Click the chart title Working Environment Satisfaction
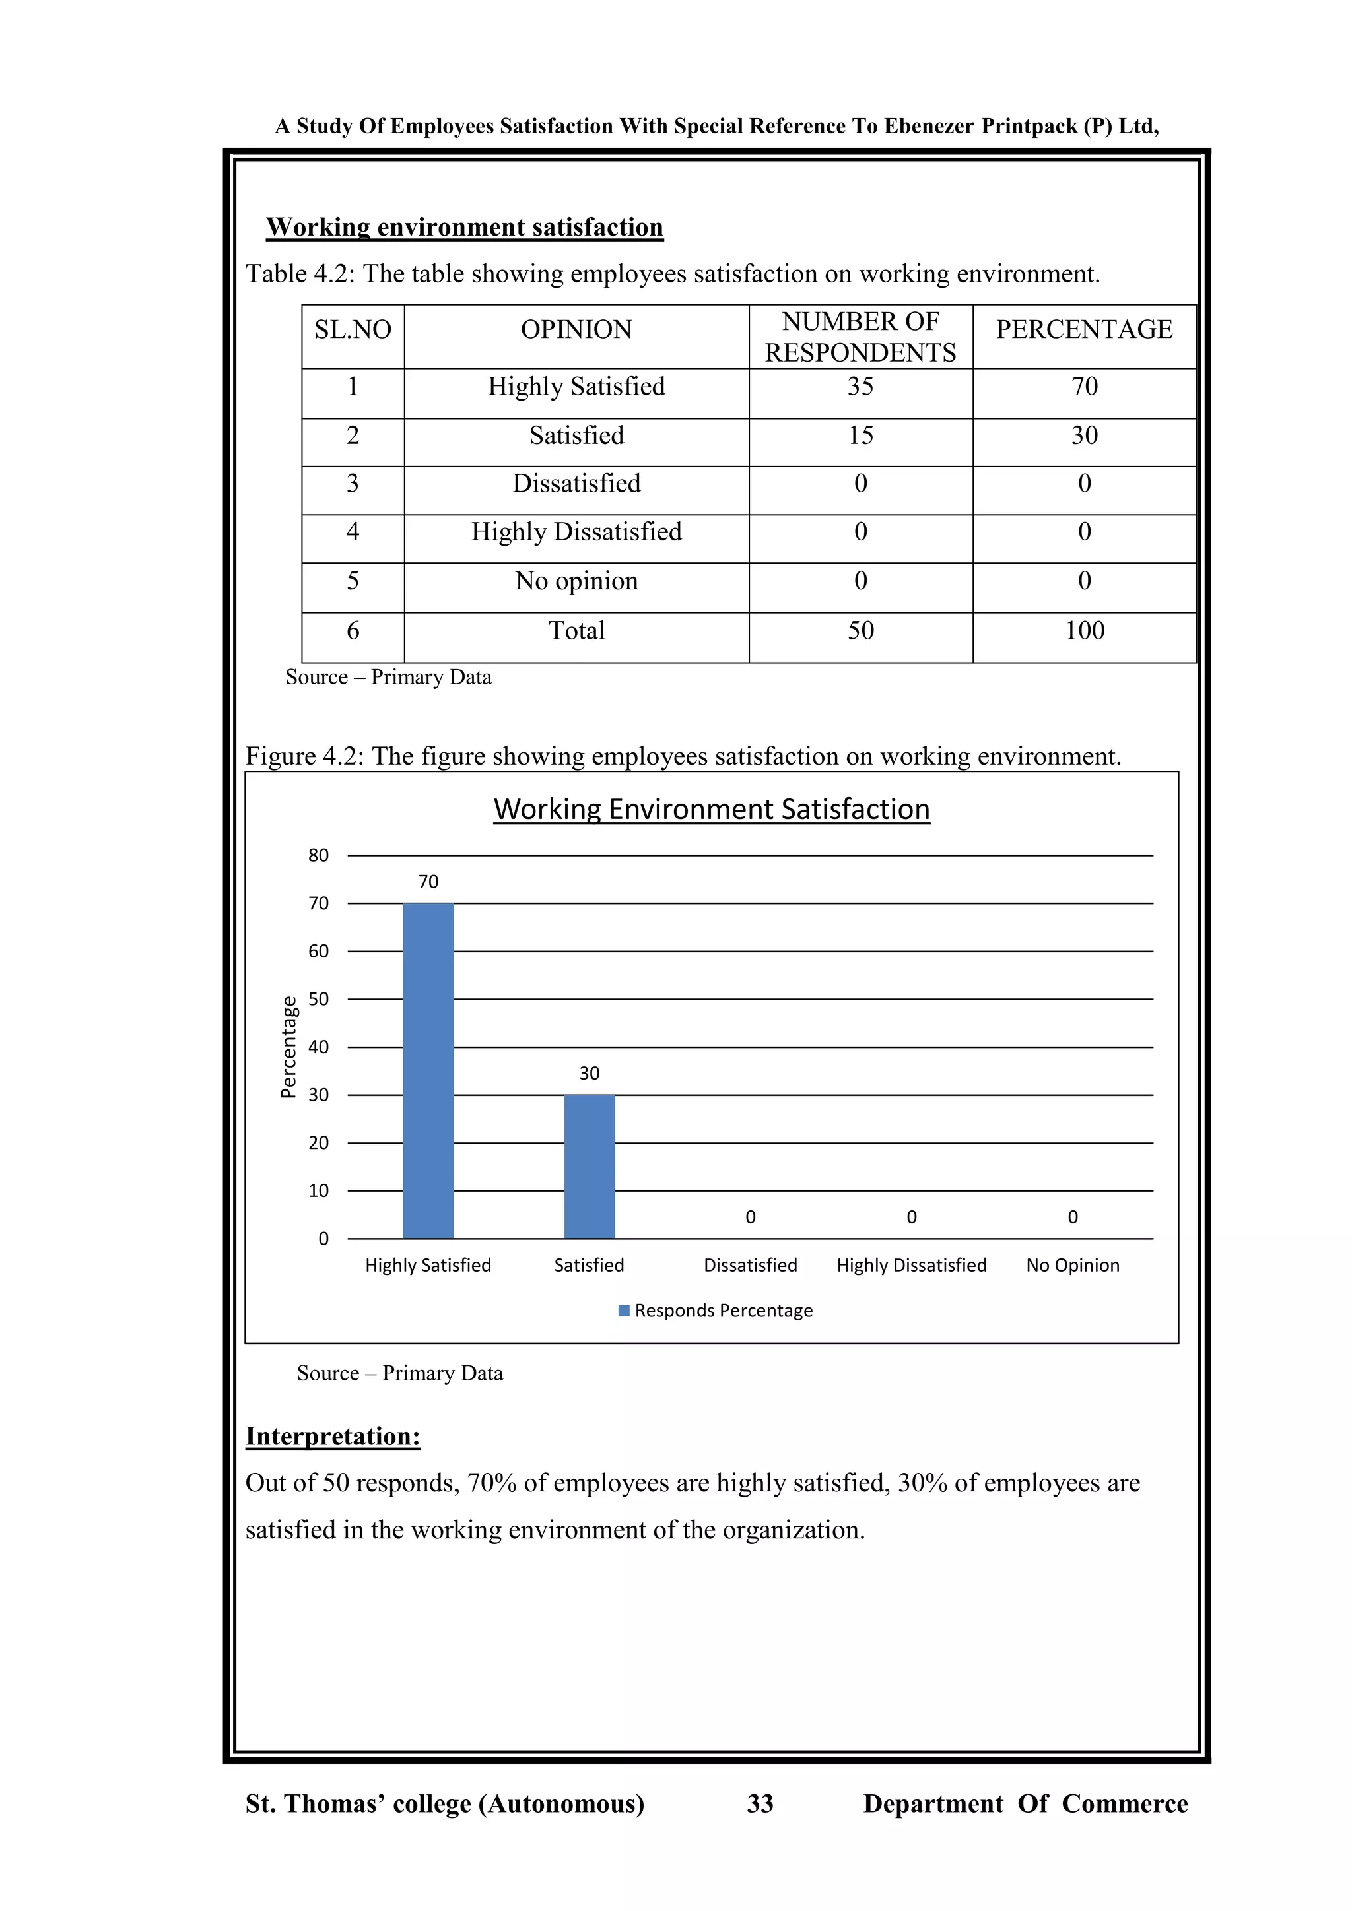(x=711, y=809)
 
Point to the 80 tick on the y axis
(x=318, y=855)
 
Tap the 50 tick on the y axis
(x=318, y=999)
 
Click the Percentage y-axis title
(x=288, y=1047)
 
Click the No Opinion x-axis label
(x=1072, y=1265)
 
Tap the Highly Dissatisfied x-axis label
(x=911, y=1265)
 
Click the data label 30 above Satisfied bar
(x=589, y=1073)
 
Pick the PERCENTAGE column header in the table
(x=1084, y=329)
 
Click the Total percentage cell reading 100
(x=1084, y=630)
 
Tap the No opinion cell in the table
(x=576, y=581)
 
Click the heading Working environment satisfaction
(x=465, y=227)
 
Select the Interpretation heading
(x=332, y=1436)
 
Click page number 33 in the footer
(x=759, y=1803)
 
